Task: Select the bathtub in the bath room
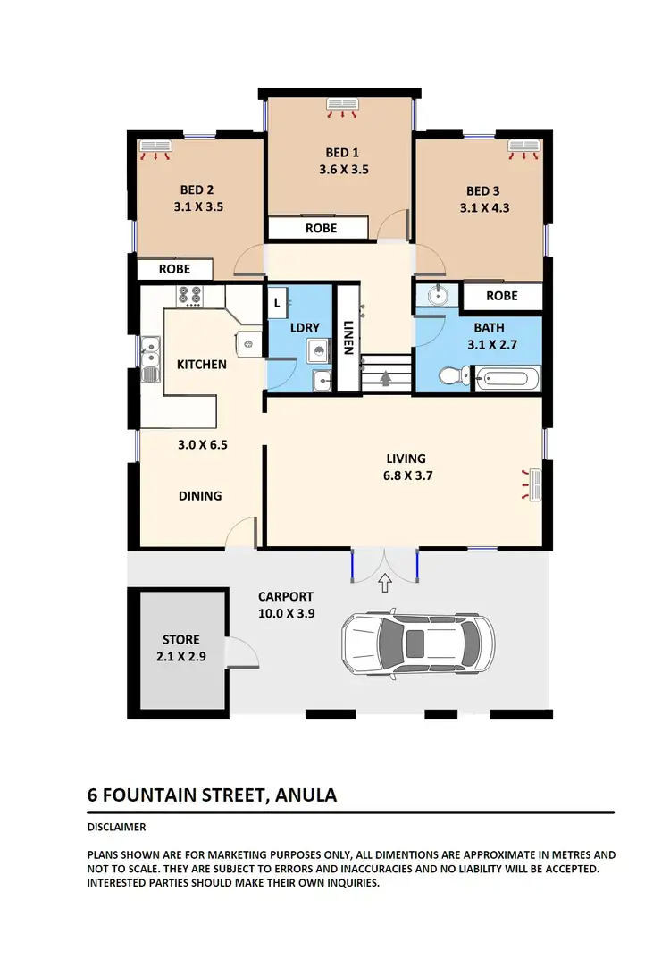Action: point(507,379)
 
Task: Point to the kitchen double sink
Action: point(150,359)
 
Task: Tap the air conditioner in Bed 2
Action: point(155,147)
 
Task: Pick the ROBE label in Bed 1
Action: point(321,228)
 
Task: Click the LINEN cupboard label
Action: point(347,337)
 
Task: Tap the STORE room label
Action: point(180,640)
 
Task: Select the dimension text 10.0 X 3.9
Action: point(286,613)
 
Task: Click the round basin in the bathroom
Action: point(438,295)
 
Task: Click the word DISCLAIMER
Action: point(116,827)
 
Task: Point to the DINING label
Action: point(200,495)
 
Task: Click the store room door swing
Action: point(241,654)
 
